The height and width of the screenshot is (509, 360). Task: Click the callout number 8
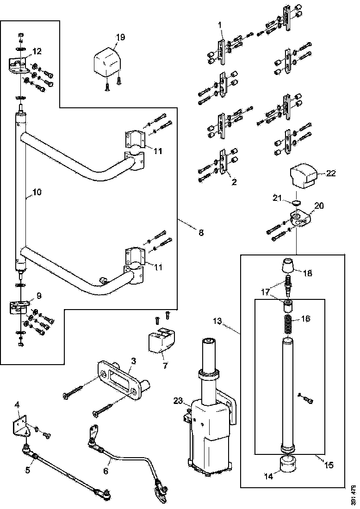(x=201, y=233)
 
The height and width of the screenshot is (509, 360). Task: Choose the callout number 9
(x=39, y=295)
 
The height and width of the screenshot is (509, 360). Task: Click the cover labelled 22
(x=304, y=176)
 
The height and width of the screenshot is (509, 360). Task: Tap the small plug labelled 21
(x=296, y=202)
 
